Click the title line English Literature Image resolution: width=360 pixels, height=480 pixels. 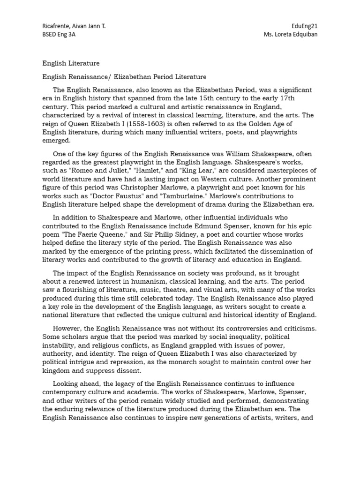(71, 63)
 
